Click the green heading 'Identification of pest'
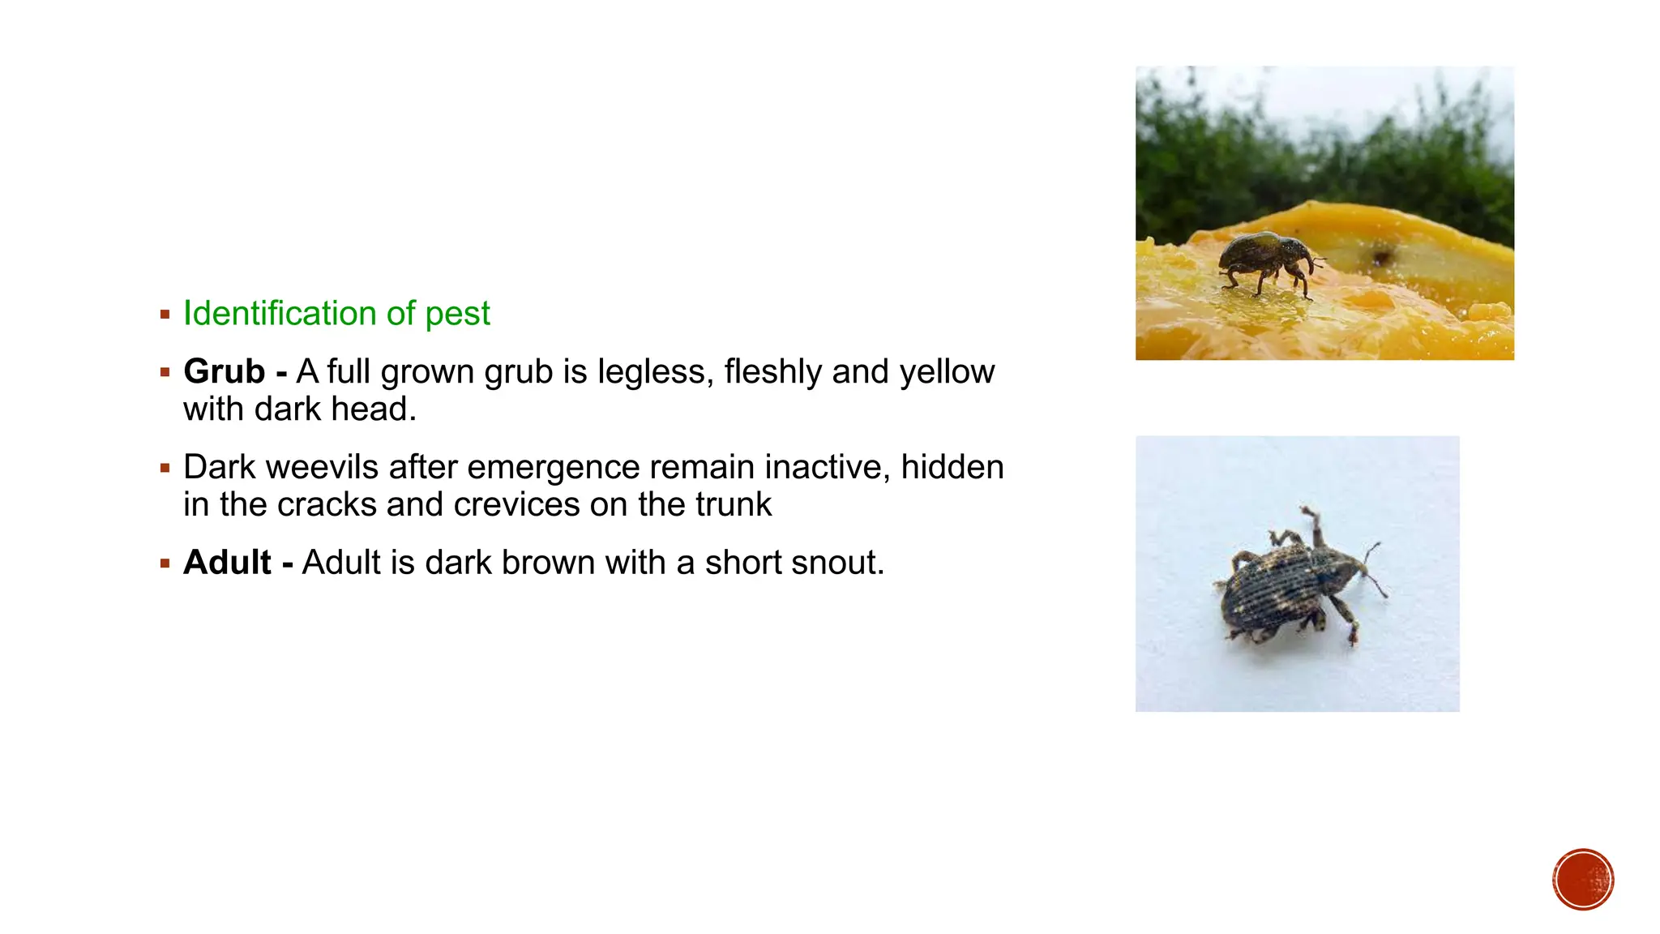click(x=336, y=314)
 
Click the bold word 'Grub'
click(x=224, y=372)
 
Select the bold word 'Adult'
click(x=227, y=563)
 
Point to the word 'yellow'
click(x=947, y=372)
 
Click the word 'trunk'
click(x=733, y=505)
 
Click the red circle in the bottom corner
click(x=1583, y=880)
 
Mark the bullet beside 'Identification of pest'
click(x=165, y=315)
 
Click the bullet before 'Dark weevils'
click(x=165, y=468)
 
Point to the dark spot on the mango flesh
click(x=1382, y=258)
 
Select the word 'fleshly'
click(x=772, y=372)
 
